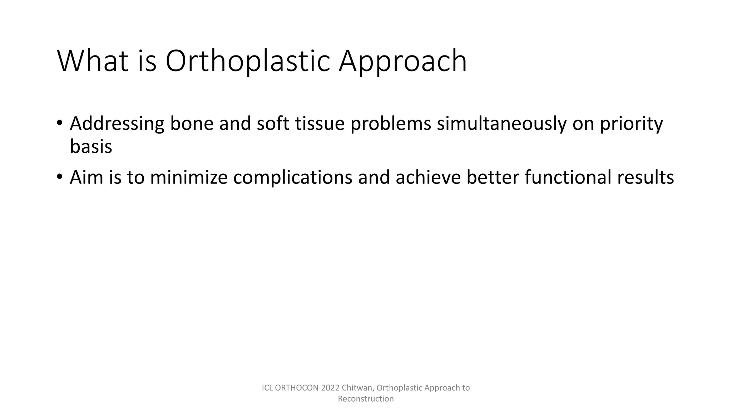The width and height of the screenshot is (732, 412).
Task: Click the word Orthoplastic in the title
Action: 247,61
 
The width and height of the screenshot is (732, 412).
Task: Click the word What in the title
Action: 93,61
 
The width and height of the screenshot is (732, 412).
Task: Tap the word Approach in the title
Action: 402,61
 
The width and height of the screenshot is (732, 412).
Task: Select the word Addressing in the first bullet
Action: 117,123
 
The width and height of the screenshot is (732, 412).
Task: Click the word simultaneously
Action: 501,123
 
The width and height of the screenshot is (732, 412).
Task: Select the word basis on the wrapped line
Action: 91,147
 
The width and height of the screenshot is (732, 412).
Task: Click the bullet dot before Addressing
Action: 60,123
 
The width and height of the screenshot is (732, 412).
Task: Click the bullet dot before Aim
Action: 60,177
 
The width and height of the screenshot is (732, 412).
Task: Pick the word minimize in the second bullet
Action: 189,177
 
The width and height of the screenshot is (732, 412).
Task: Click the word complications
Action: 293,177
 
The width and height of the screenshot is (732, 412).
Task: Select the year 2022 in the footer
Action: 330,388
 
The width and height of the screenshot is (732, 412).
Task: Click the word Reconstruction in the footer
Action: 366,399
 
